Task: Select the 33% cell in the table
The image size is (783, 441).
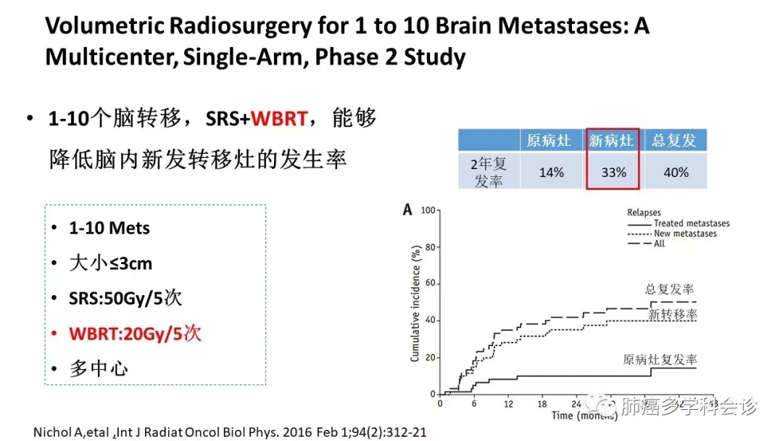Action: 613,173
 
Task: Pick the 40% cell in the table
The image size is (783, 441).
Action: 675,173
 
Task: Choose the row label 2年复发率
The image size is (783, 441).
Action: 489,173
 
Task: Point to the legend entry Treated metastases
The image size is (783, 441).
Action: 691,223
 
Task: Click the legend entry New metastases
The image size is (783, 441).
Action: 684,234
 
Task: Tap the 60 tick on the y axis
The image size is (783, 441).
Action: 428,284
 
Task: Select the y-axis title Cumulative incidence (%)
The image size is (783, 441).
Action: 415,302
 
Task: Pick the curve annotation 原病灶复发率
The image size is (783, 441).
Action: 660,359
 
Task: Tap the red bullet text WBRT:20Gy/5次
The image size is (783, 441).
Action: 135,334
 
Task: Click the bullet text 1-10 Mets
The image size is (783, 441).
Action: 109,228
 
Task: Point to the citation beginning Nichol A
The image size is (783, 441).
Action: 230,432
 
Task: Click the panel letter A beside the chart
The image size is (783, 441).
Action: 408,210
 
